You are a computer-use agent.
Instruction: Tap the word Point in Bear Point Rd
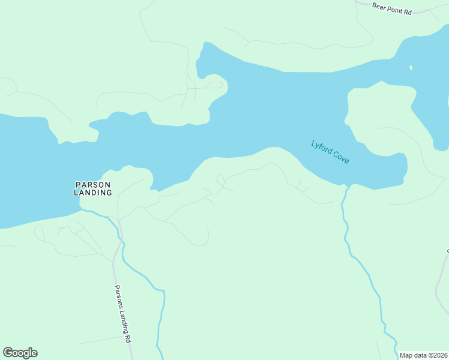pyautogui.click(x=394, y=9)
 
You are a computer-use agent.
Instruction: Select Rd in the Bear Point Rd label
pyautogui.click(x=408, y=11)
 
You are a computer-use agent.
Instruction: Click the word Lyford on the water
pyautogui.click(x=322, y=147)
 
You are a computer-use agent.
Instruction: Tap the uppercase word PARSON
pyautogui.click(x=93, y=184)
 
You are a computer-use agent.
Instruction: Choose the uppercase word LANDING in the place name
pyautogui.click(x=93, y=193)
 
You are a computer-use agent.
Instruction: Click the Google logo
pyautogui.click(x=20, y=353)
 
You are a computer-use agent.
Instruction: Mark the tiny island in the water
pyautogui.click(x=411, y=67)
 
